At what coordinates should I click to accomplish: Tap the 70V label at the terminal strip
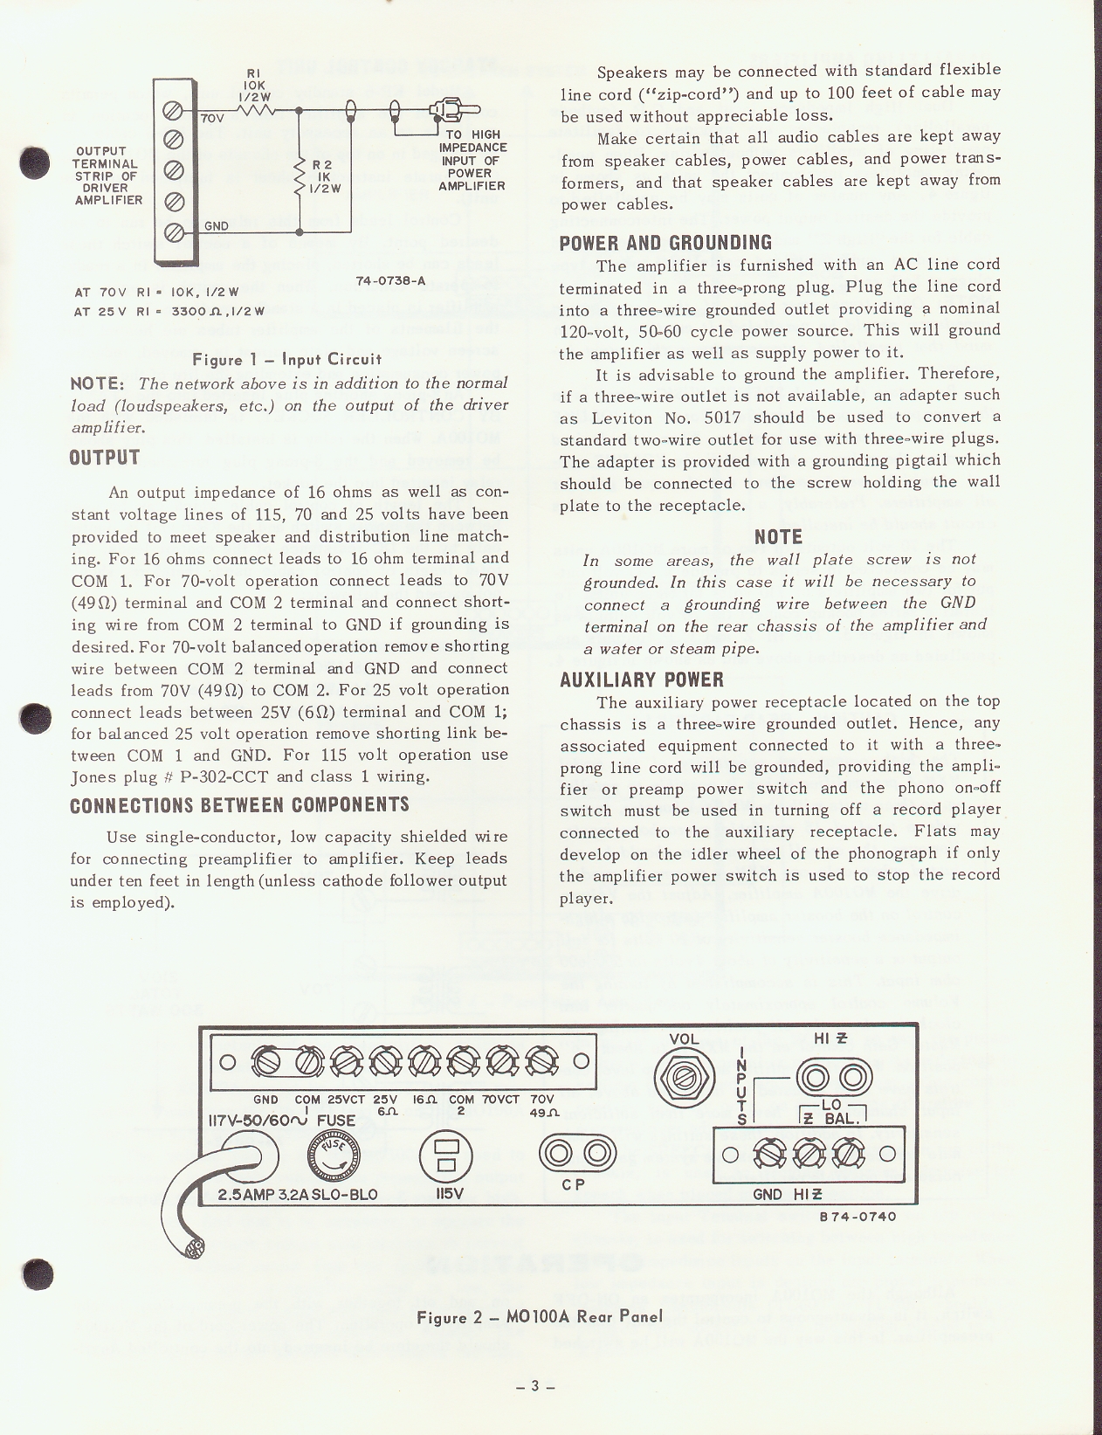pos(213,117)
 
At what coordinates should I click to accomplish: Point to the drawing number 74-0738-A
pos(390,281)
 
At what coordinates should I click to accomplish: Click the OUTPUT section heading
pos(105,458)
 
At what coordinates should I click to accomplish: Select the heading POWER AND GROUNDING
pos(665,243)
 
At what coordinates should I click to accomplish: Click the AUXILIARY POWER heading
pos(642,680)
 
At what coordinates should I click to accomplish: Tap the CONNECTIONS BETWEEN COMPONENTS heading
pos(239,804)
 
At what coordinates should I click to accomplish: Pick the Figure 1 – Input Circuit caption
pos(288,359)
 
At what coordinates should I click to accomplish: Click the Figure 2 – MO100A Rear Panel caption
pos(540,1316)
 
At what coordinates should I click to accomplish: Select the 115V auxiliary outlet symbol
pos(446,1156)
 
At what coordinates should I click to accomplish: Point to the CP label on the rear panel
pos(573,1185)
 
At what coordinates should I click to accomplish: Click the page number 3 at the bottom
pos(536,1385)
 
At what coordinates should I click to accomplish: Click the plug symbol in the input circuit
pos(455,111)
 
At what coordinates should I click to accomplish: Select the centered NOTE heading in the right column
pos(778,537)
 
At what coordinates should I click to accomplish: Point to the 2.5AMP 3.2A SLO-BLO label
pos(297,1194)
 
